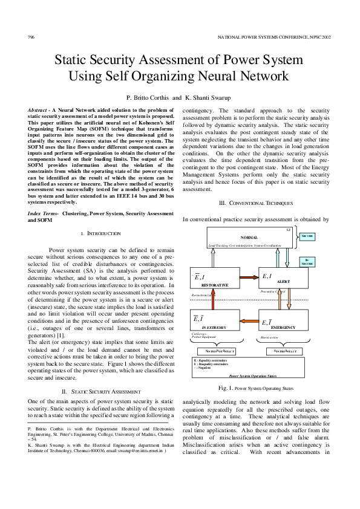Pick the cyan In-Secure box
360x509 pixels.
click(x=326, y=262)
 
